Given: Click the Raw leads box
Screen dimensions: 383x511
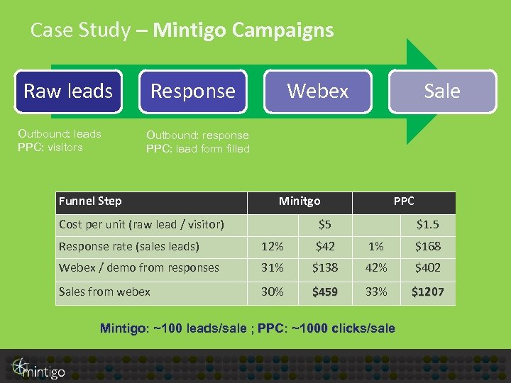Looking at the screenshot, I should click(x=68, y=91).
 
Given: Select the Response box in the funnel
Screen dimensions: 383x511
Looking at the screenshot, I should click(x=192, y=91).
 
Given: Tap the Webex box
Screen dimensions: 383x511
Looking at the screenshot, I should click(x=317, y=91).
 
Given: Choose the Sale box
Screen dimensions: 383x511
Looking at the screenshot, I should click(x=442, y=91).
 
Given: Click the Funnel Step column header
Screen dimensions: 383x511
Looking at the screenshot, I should click(x=90, y=201).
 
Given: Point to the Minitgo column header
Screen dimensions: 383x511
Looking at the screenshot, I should click(x=299, y=201).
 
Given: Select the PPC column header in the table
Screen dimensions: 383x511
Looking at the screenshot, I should click(x=403, y=201).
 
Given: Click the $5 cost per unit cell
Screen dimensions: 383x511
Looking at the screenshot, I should click(x=324, y=225).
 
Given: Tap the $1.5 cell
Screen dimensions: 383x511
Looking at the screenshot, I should click(x=427, y=225).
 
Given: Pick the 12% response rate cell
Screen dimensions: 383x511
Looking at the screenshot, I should click(x=273, y=247).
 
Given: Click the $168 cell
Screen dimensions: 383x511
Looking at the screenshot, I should click(x=428, y=247).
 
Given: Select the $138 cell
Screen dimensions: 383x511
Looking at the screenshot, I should click(x=325, y=268).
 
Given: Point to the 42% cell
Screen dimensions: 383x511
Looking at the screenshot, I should click(x=376, y=268).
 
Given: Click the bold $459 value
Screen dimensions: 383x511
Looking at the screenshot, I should click(x=325, y=292).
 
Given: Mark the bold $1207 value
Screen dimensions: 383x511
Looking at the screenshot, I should click(x=428, y=292).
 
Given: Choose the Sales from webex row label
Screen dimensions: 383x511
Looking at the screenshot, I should click(x=104, y=292).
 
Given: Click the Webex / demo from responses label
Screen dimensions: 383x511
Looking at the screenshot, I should click(x=139, y=268).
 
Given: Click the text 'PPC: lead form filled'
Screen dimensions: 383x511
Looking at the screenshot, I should click(x=198, y=148).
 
